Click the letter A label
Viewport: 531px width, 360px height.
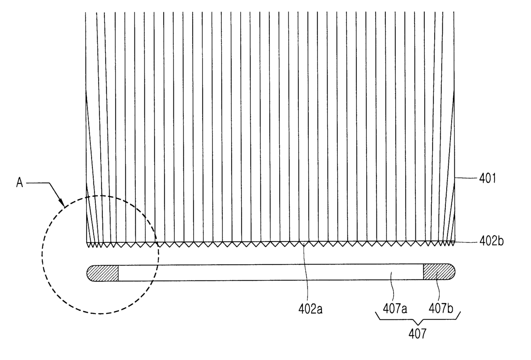[x=19, y=183]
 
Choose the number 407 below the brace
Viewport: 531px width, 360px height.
[x=417, y=333]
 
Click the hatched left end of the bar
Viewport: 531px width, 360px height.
[x=103, y=273]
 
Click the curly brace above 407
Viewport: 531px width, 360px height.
[x=417, y=317]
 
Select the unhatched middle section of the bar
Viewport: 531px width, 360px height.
[x=270, y=272]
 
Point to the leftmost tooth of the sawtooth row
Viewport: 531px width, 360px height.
[x=89, y=244]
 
